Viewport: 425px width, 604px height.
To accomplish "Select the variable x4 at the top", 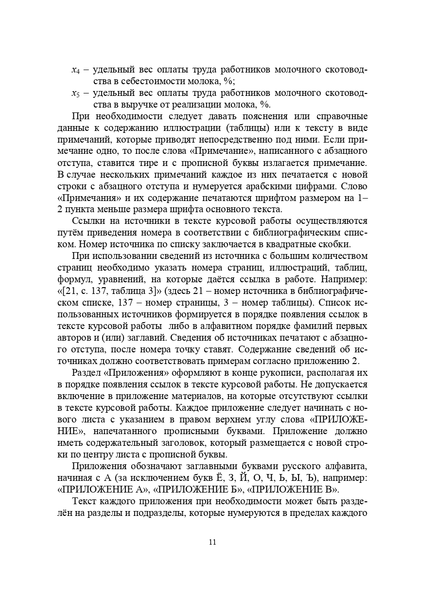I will [x=75, y=70].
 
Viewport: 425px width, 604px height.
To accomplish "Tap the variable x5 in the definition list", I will [x=75, y=93].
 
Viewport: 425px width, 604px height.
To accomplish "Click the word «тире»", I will [x=140, y=163].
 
